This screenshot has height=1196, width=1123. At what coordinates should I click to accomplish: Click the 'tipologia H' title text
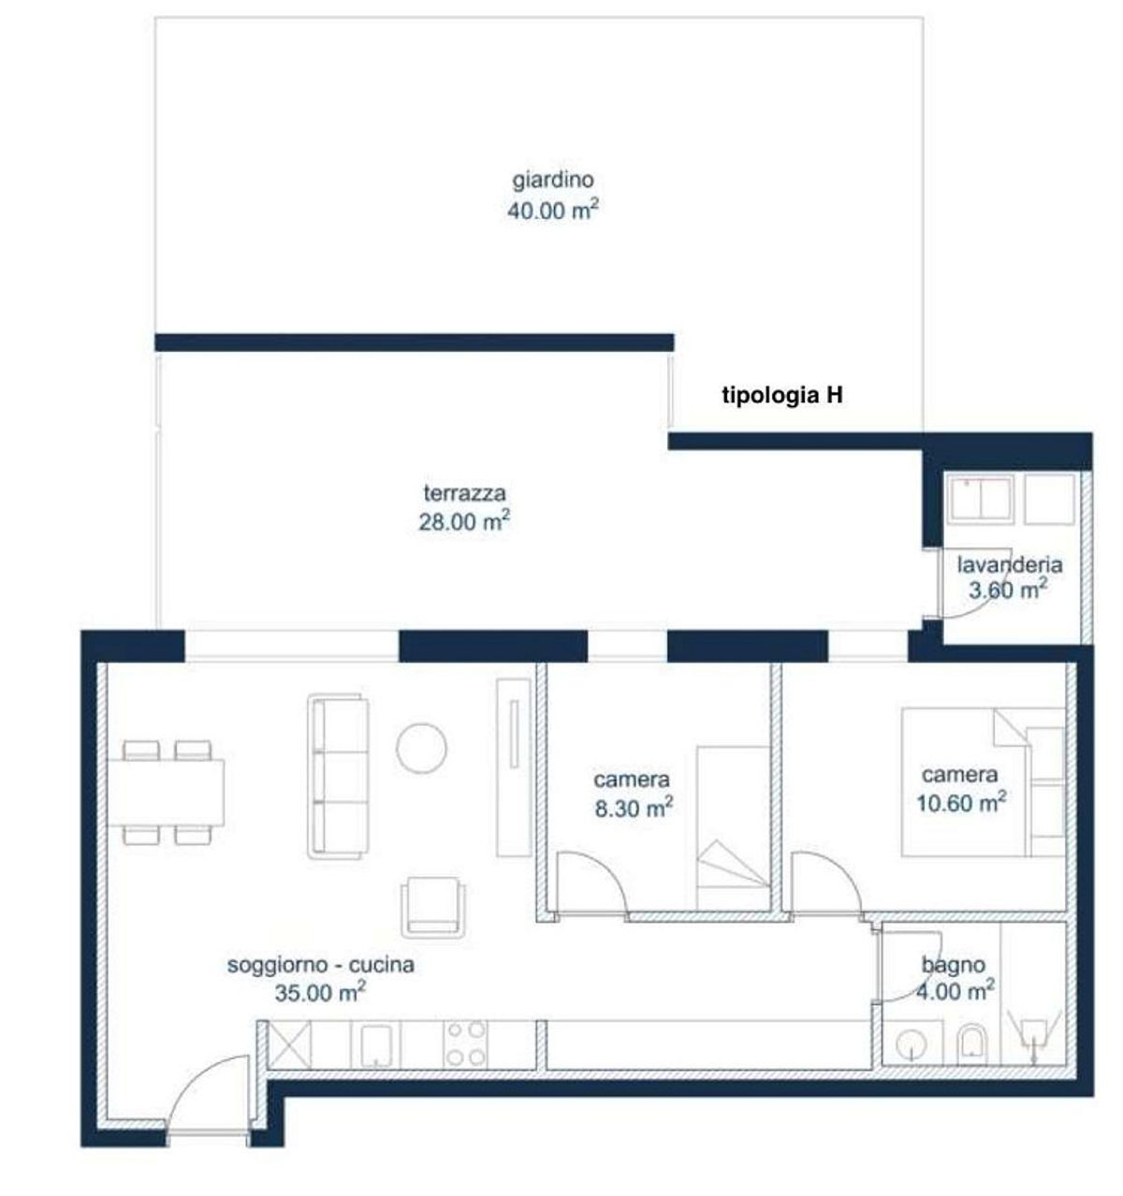781,396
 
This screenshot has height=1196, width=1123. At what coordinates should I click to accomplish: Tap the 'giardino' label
552,180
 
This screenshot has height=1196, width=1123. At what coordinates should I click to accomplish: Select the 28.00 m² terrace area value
464,521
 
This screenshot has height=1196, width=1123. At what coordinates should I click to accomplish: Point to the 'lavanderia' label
1009,564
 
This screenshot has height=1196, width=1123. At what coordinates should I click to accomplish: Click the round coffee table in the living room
421,748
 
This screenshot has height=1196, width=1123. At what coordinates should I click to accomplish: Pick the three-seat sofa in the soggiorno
338,776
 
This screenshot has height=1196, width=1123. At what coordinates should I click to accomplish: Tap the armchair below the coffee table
433,908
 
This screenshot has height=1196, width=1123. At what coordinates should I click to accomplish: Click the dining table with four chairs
166,793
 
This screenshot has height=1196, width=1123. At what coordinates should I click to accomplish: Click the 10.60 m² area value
961,803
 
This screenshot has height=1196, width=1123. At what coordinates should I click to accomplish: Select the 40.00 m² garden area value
552,211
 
